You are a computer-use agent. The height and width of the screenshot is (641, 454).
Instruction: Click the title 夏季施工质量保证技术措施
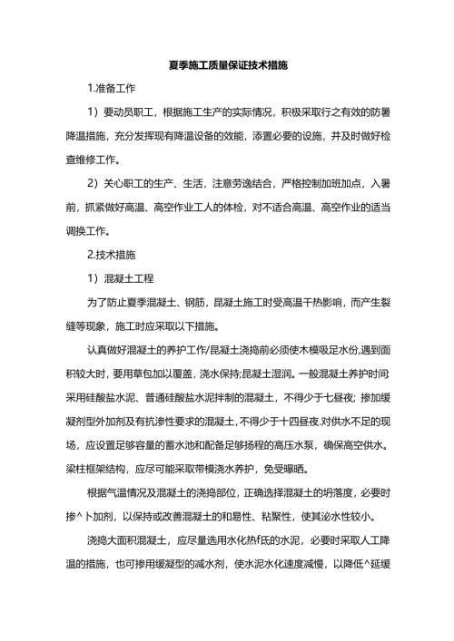(228, 66)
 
